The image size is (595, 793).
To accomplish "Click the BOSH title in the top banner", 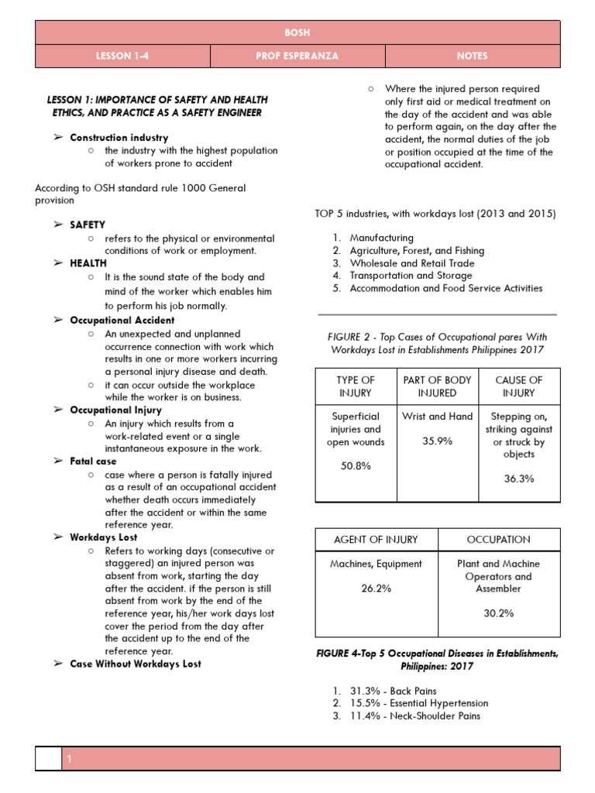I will pos(297,33).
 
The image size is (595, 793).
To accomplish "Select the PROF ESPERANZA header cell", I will pos(297,56).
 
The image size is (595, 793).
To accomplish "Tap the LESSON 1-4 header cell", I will pos(123,56).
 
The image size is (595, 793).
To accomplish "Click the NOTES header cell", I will pos(473,56).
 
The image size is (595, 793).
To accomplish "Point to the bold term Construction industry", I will pos(119,138).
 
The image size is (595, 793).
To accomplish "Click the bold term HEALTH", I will pos(88,263).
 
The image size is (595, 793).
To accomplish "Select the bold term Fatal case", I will pos(93,462).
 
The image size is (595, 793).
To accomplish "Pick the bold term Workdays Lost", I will pos(103,537).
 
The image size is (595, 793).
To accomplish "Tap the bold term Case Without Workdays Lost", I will pos(135,664).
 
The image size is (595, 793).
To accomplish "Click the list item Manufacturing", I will pos(381,238).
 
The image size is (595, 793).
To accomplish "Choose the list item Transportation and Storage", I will pos(411,275).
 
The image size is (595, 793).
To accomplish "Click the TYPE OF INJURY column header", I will pos(356,386).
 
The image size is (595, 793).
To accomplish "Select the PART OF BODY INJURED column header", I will pos(438,386).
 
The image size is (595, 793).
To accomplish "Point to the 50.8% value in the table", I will pos(356,466).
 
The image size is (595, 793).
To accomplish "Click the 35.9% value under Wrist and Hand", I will pos(438,441).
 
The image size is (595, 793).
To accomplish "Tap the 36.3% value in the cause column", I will pos(519,479).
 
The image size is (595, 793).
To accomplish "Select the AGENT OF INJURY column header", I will pos(376,539).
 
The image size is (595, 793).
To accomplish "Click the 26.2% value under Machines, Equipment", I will pos(376,589).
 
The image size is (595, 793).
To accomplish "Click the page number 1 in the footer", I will pos(69,760).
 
